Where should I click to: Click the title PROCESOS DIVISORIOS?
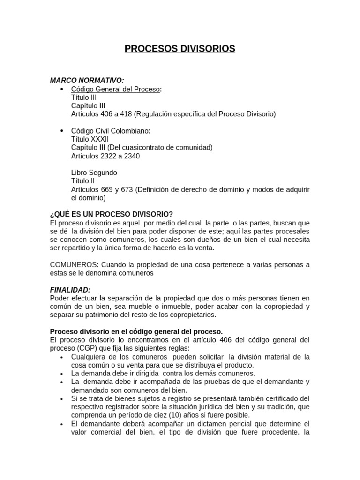click(180, 49)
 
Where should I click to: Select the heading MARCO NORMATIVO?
click(87, 81)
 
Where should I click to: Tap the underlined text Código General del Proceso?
click(115, 89)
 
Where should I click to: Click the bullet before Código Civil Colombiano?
click(62, 130)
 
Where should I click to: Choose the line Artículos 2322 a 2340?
click(105, 156)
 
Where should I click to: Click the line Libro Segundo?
click(94, 172)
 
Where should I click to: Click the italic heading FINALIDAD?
click(70, 290)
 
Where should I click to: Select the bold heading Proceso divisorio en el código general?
click(133, 331)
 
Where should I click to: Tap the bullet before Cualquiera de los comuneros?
click(62, 357)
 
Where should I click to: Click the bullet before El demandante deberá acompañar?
click(62, 424)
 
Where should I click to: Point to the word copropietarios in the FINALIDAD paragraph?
click(187, 315)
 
